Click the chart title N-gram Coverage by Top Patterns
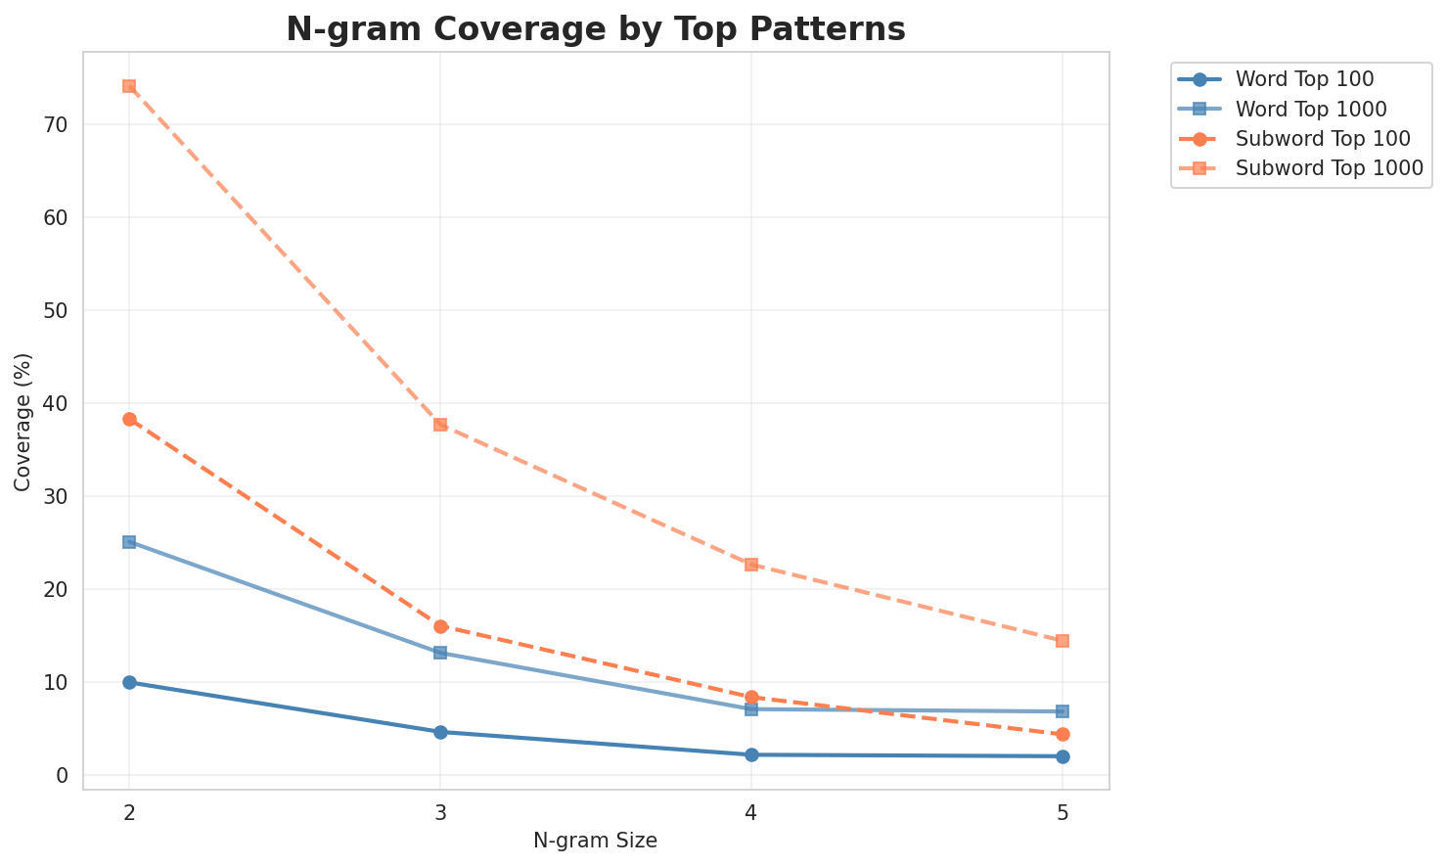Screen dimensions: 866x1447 [595, 29]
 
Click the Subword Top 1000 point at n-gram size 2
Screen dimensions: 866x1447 [129, 86]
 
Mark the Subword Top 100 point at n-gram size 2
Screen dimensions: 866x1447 [129, 419]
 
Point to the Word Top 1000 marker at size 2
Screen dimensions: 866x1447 [129, 542]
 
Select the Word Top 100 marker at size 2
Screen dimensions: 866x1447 [129, 682]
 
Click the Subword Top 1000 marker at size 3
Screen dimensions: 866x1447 [440, 425]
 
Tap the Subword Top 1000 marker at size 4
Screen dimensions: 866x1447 [751, 565]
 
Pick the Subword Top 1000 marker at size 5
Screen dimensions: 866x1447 [1063, 641]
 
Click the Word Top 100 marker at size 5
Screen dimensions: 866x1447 [1063, 756]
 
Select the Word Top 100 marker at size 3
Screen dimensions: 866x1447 [440, 732]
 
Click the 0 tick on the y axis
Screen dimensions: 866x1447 [62, 775]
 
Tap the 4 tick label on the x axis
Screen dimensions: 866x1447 [751, 812]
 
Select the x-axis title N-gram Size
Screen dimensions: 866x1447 [595, 841]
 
